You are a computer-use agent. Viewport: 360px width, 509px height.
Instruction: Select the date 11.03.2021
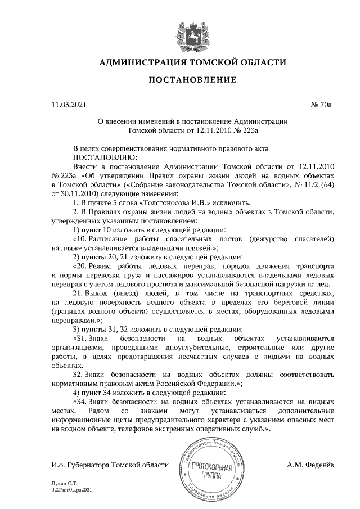pyautogui.click(x=66, y=105)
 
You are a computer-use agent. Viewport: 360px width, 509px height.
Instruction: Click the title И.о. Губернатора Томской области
pyautogui.click(x=109, y=465)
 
